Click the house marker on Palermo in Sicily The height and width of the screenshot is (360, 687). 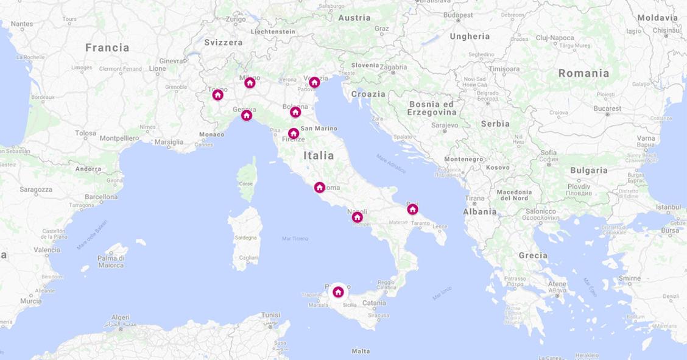tap(338, 292)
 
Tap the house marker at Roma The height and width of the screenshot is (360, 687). tap(319, 187)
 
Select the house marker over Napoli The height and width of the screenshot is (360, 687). tap(358, 217)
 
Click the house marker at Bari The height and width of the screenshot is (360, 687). tap(412, 209)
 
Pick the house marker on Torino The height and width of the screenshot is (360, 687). tap(217, 94)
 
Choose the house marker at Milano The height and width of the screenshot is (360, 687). tap(250, 82)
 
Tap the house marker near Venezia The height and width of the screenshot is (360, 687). tap(314, 82)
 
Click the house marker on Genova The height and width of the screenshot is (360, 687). tap(246, 115)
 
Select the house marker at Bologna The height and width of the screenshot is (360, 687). tap(295, 111)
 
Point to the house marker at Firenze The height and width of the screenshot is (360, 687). tap(293, 133)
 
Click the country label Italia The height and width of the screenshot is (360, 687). tap(319, 156)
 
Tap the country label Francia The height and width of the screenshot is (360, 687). tap(107, 48)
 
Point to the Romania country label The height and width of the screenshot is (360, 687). tap(583, 73)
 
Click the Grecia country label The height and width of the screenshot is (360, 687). tap(533, 255)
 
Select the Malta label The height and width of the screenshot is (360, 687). tap(361, 351)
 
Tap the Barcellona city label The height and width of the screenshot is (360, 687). tap(101, 197)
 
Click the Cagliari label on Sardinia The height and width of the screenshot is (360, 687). tap(248, 258)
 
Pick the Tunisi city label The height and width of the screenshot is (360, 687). tap(270, 315)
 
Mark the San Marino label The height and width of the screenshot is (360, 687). tap(319, 129)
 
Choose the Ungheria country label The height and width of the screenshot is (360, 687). tap(470, 37)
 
